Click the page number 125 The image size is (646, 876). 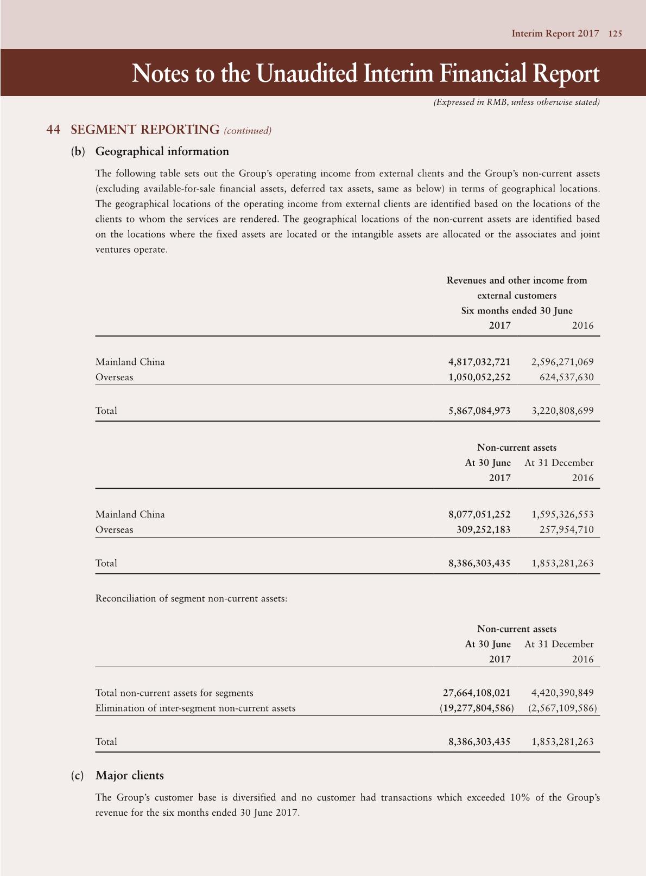coord(615,34)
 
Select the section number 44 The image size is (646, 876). coord(53,130)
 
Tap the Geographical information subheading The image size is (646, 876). coord(162,151)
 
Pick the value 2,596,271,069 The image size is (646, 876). coord(562,362)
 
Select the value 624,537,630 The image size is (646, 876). coord(566,377)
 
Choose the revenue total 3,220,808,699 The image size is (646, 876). coord(562,411)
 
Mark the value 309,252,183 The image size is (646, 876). coord(483,529)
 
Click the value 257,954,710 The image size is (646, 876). coord(566,529)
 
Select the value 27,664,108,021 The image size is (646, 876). coord(477,693)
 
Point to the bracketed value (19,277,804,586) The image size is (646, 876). coord(476,708)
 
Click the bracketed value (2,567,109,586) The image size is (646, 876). coord(562,708)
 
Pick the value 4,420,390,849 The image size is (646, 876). coord(562,693)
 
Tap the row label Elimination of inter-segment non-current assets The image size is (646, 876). coord(195,708)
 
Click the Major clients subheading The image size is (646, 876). coord(129,775)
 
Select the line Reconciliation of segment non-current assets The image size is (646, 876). coord(191,598)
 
